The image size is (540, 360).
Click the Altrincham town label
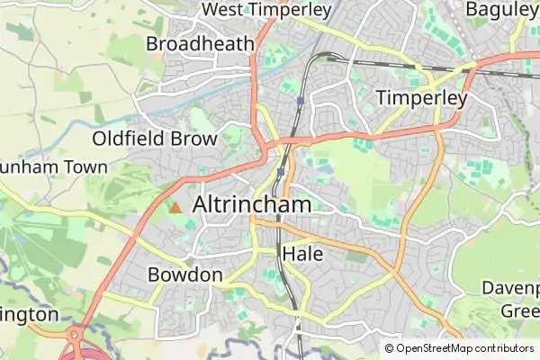click(x=252, y=204)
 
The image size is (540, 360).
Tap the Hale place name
click(x=302, y=254)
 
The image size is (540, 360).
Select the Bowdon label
click(x=184, y=274)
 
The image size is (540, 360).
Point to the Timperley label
click(x=422, y=98)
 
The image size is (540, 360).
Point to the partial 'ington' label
click(x=29, y=315)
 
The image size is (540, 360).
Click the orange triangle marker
click(x=175, y=208)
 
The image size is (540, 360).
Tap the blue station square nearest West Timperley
click(x=300, y=101)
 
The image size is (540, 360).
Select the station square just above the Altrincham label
click(x=282, y=171)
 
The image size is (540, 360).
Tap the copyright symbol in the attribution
click(x=389, y=348)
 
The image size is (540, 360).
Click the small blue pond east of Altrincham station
click(x=324, y=167)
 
